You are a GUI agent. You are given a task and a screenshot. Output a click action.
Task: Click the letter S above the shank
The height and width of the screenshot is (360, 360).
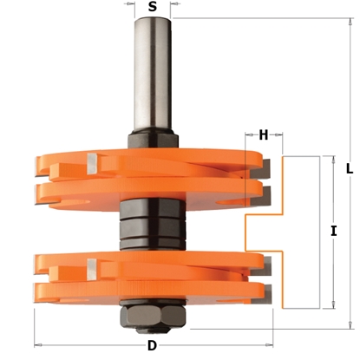point(153,7)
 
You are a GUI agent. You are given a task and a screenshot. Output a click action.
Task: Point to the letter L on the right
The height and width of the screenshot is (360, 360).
point(349,170)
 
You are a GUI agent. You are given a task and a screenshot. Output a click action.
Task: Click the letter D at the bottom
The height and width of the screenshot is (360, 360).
point(152,348)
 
